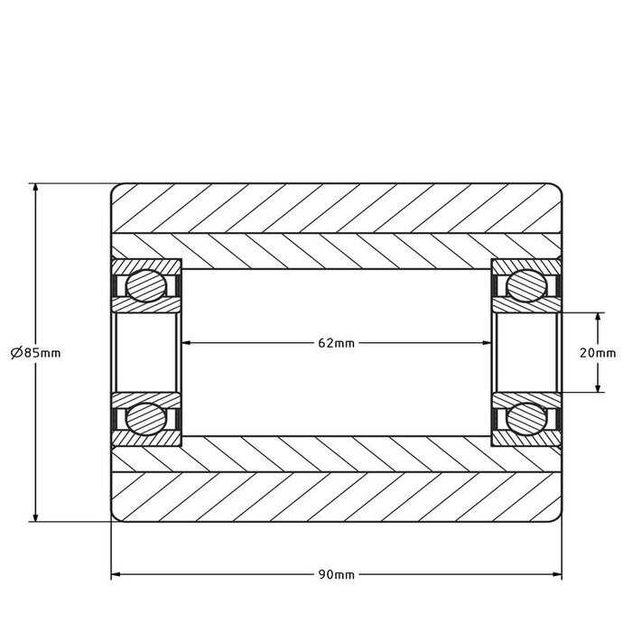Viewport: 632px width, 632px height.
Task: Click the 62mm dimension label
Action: coord(337,343)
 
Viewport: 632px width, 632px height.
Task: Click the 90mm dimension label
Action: coord(337,574)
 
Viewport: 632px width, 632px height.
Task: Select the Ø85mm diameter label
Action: coord(35,353)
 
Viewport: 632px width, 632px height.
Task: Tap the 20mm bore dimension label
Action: coord(599,353)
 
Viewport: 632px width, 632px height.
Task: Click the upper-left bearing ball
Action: coord(145,286)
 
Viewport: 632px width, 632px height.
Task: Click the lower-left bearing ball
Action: coord(145,419)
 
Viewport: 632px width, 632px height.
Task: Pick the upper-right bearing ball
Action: coord(526,286)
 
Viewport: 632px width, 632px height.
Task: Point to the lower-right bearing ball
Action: coord(526,419)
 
